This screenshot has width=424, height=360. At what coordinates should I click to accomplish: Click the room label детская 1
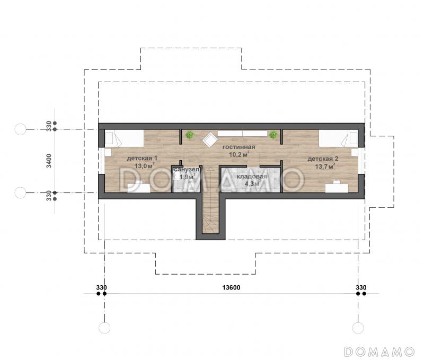click(x=142, y=158)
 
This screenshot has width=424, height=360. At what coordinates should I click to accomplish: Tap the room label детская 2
click(x=323, y=159)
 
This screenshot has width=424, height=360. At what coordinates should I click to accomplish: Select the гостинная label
click(x=238, y=147)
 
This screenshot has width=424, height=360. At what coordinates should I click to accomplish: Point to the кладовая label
click(x=252, y=177)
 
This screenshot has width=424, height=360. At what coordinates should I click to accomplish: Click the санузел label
click(x=187, y=170)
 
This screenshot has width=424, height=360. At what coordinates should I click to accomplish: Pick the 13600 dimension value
click(x=231, y=287)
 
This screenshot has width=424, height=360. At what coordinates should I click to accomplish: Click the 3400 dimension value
click(x=49, y=161)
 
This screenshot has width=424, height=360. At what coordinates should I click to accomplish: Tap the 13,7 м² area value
click(x=325, y=166)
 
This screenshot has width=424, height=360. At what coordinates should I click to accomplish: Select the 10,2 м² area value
click(x=239, y=154)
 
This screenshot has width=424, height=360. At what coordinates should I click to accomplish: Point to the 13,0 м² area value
click(x=144, y=165)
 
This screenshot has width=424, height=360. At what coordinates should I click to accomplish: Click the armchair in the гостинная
click(x=210, y=139)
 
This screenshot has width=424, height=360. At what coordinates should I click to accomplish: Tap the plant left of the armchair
click(x=190, y=135)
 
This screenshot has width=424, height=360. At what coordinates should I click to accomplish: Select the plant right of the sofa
click(x=273, y=135)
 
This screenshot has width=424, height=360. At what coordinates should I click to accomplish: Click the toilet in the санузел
click(x=190, y=186)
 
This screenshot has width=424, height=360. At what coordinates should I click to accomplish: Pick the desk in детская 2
click(x=337, y=188)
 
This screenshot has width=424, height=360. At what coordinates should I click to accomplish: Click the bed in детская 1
click(x=124, y=138)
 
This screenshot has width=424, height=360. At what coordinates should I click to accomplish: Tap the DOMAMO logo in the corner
click(x=379, y=352)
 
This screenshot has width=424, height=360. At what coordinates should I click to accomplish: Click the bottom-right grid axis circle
click(x=358, y=328)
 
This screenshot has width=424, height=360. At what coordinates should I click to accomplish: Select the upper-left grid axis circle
click(x=20, y=129)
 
